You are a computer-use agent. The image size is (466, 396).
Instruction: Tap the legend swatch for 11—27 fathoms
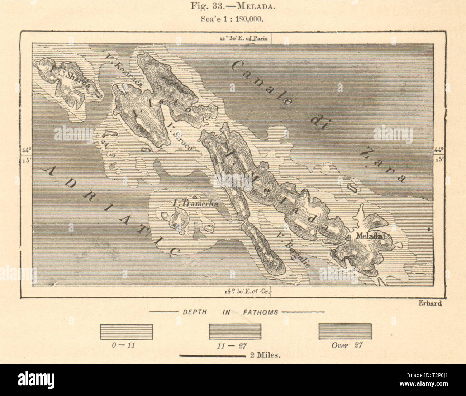[x=235, y=331]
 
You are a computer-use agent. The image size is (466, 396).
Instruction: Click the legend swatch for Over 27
[x=345, y=331]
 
